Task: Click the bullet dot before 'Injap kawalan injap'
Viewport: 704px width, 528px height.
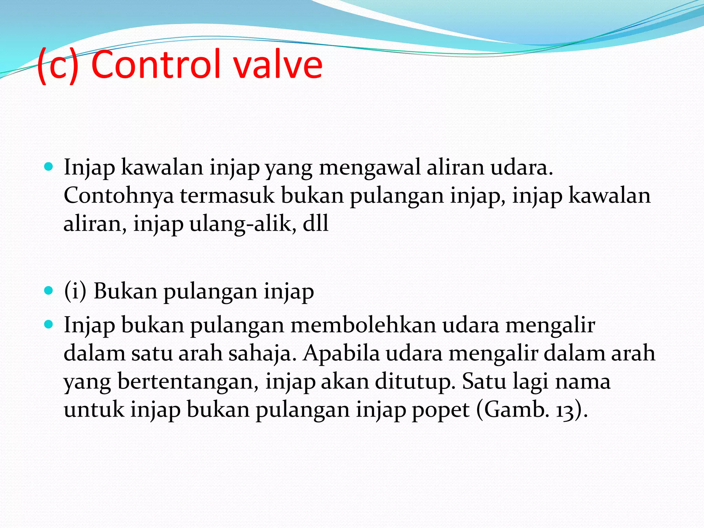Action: coord(49,167)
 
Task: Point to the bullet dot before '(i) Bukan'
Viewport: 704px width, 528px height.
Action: coord(49,291)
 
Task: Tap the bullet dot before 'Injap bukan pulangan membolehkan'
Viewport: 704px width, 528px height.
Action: coord(49,324)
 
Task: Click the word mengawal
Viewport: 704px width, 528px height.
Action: coord(370,168)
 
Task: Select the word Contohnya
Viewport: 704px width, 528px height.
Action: coord(119,196)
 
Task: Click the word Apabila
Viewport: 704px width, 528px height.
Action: coord(341,354)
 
